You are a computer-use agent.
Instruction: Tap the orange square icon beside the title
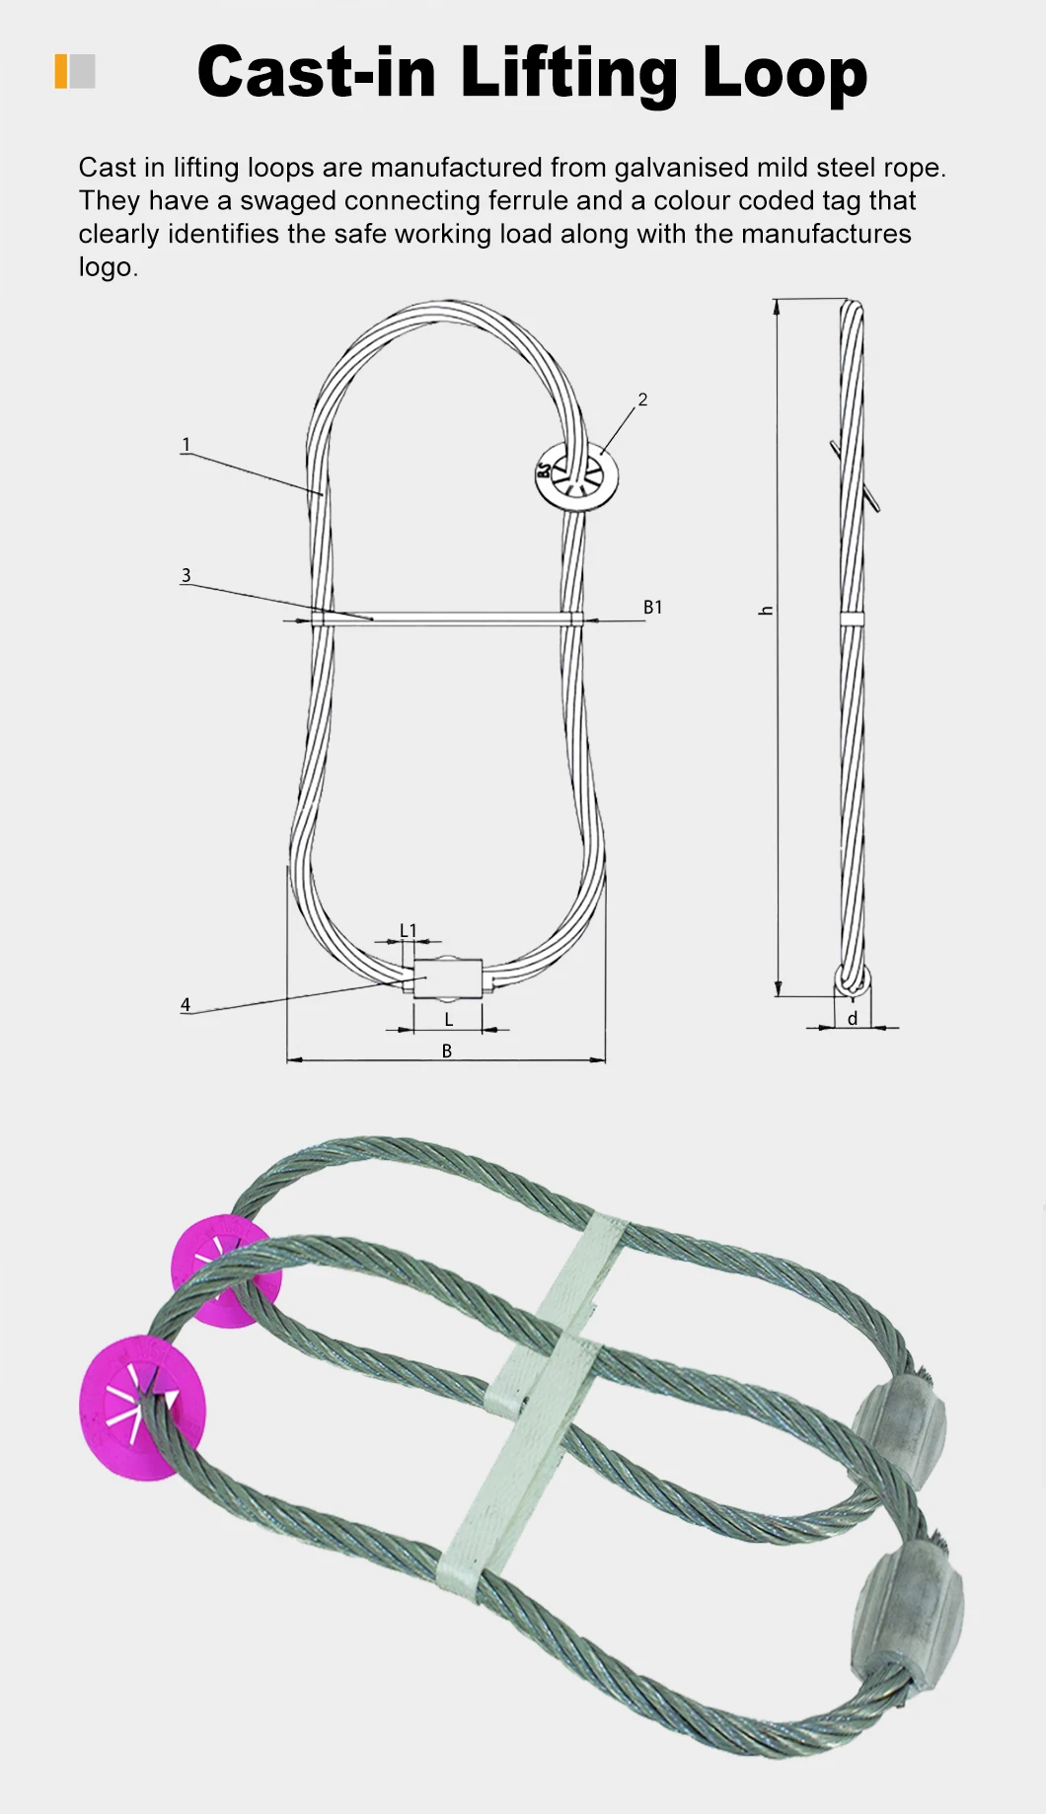pos(61,71)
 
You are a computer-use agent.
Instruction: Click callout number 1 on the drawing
pos(186,445)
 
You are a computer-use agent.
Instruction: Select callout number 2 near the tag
pos(642,399)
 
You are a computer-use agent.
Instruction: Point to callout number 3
pos(186,575)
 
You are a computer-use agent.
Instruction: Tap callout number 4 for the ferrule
pos(186,1005)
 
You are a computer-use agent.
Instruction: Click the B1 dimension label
pos(652,608)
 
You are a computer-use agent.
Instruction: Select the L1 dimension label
pos(408,930)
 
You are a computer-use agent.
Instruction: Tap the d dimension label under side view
pos(853,1019)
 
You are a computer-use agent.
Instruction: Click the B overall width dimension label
pos(446,1052)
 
